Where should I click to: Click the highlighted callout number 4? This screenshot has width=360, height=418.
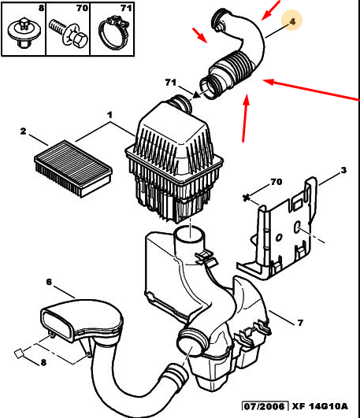coord(292,21)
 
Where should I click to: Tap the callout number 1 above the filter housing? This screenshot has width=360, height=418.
coord(109,115)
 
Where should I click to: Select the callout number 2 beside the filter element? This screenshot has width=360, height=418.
coord(23,131)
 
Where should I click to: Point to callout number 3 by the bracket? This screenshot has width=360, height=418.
coord(343,170)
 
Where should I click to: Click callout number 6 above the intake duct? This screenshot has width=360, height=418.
coord(49,282)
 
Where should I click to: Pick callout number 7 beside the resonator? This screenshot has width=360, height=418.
coord(300,323)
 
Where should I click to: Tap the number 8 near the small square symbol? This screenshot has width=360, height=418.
coord(43,362)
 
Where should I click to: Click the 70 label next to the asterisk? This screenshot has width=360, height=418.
coord(276,182)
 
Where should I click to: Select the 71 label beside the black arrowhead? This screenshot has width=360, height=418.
coord(170,82)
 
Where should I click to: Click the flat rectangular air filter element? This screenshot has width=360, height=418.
coord(72,168)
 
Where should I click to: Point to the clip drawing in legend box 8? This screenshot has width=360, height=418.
coord(24,32)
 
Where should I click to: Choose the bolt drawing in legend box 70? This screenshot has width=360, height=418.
coord(68,34)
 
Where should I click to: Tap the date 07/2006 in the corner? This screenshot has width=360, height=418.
coord(264,406)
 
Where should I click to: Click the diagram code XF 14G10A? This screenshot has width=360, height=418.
coord(320,406)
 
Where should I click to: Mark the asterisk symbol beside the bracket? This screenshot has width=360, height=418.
coord(247,198)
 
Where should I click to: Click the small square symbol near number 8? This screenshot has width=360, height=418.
coord(19,353)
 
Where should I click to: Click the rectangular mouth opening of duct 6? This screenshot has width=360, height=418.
coord(57,324)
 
